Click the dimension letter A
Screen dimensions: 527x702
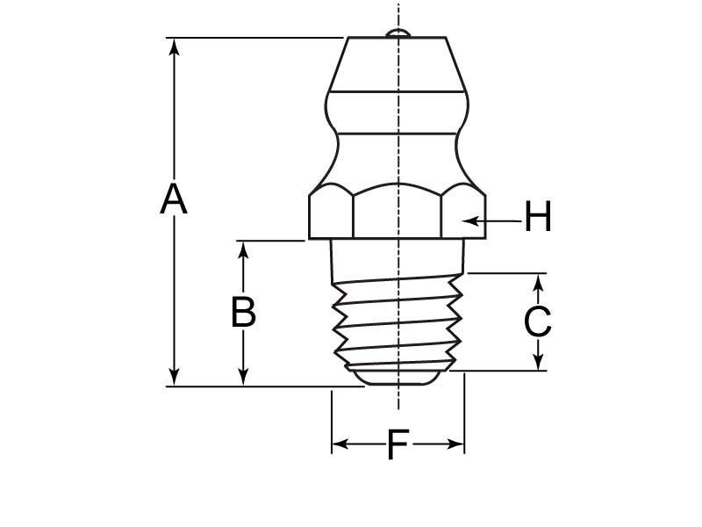[x=174, y=199]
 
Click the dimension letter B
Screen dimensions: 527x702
[x=243, y=312]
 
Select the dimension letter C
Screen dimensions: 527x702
[x=537, y=322]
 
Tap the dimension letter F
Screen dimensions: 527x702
[x=398, y=445]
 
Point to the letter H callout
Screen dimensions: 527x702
[x=538, y=217]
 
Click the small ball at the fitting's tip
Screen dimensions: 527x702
[x=398, y=33]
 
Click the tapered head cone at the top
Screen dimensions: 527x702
[x=397, y=63]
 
